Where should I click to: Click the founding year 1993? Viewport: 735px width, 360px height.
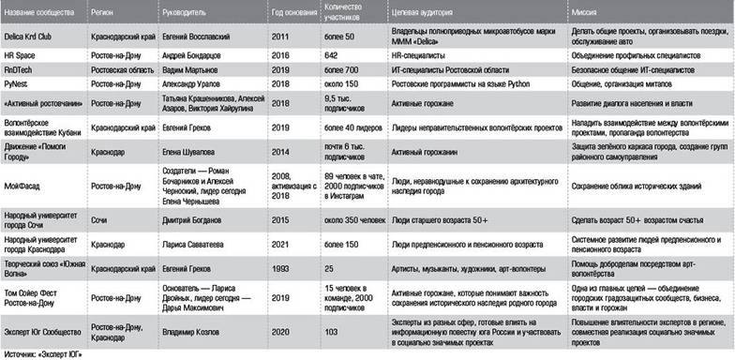click(x=278, y=268)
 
